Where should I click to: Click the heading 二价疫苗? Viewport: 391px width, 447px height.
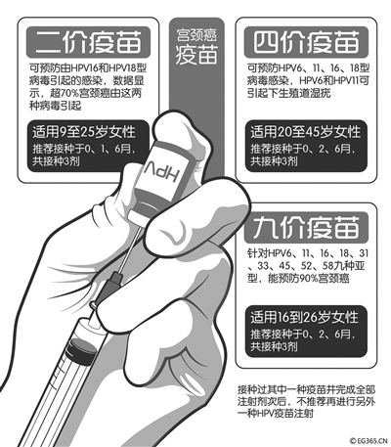coord(88,42)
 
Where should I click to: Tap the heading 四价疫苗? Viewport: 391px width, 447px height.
coord(306,42)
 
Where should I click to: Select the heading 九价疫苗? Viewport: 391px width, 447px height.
coord(306,228)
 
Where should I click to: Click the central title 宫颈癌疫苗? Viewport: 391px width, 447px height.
coord(196,46)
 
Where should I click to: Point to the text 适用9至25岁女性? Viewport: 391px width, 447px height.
coord(84,132)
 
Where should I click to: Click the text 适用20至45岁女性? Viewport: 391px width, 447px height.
coord(305,132)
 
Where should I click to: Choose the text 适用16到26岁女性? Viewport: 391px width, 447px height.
coord(304,317)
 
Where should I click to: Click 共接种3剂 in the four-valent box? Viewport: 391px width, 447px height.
coord(274,161)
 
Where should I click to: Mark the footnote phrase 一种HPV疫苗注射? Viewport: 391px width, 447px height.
coord(276,414)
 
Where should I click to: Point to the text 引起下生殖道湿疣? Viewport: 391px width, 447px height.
coord(289,93)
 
